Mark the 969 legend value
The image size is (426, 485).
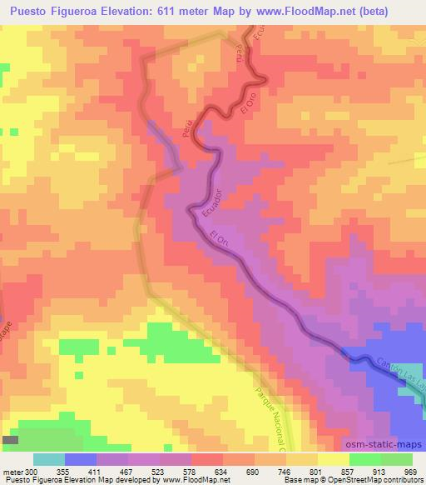[x=410, y=471]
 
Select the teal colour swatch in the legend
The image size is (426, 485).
[x=49, y=459]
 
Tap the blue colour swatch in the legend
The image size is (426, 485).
[x=81, y=459]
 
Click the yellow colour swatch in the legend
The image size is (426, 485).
[x=333, y=459]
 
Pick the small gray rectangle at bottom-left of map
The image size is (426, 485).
[x=11, y=439]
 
